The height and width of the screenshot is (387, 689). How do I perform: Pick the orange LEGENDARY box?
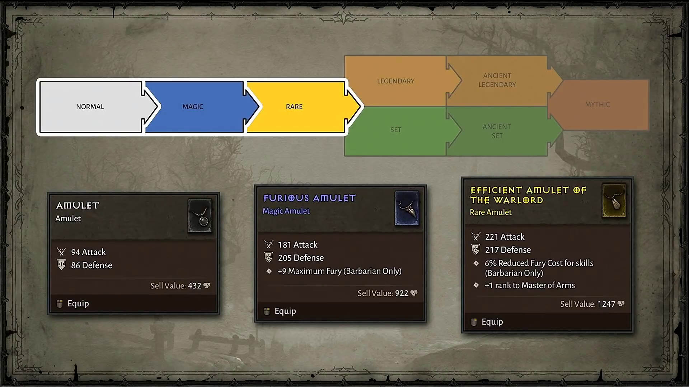[396, 81]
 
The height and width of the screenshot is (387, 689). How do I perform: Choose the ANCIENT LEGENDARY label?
[497, 80]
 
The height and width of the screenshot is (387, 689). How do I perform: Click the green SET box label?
[396, 130]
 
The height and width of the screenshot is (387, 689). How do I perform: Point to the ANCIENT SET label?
[497, 131]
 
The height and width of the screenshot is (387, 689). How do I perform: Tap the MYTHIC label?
[597, 104]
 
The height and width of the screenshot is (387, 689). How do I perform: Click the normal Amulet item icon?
[200, 216]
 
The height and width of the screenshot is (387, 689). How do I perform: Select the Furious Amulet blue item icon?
[407, 208]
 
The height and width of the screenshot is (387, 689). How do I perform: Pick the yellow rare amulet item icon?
[614, 200]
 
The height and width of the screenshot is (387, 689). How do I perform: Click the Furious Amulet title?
[309, 198]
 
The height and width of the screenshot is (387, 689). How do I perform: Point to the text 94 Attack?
[88, 252]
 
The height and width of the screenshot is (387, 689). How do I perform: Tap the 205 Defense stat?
[301, 258]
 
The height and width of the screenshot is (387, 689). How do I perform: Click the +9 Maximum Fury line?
[339, 271]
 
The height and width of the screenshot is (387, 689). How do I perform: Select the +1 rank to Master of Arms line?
[530, 285]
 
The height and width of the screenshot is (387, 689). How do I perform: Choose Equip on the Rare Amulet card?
[492, 322]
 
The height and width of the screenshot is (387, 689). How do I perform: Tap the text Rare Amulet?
[491, 212]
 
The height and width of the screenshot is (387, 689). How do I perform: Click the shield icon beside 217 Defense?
[475, 249]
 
